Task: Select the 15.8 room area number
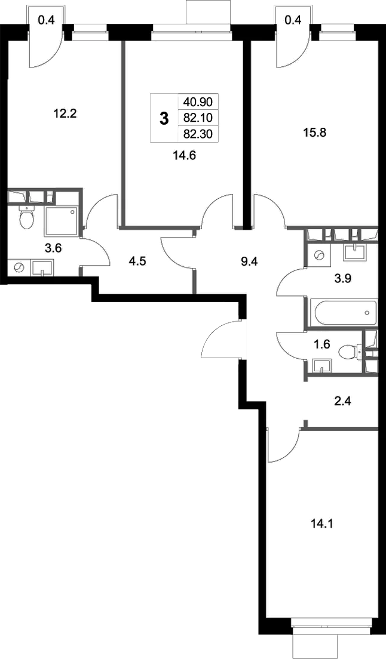tap(315, 131)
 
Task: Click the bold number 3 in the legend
tap(164, 118)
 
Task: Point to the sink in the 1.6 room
tap(321, 365)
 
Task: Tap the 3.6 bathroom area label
tap(54, 248)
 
